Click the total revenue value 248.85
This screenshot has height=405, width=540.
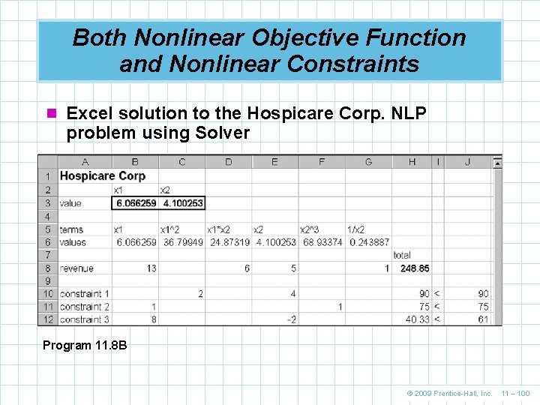[x=415, y=268]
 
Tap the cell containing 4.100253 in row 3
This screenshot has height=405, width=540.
[x=181, y=203]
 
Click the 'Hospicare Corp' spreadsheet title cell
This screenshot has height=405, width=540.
[x=102, y=176]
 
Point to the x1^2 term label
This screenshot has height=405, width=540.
[x=172, y=229]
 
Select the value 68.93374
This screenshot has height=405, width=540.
[x=322, y=242]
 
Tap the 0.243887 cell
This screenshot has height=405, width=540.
[x=368, y=242]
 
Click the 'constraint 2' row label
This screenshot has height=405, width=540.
[x=85, y=306]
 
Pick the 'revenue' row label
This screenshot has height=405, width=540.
[x=76, y=268]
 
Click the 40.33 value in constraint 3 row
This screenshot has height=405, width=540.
[x=417, y=319]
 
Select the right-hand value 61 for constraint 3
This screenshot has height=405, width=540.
[x=483, y=319]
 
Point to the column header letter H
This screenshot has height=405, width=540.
[x=412, y=162]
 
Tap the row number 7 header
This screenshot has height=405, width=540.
[x=48, y=255]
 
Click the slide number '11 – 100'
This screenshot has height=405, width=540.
[x=514, y=393]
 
